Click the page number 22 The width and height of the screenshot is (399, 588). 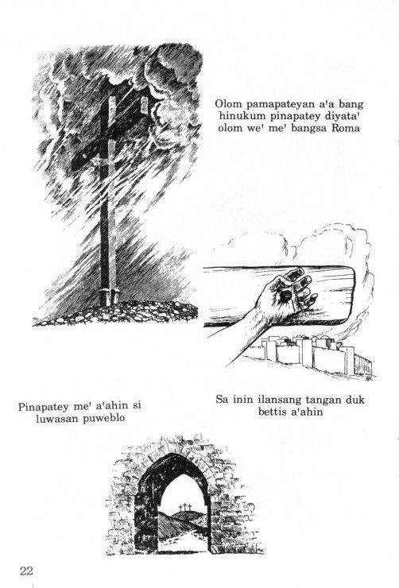pyautogui.click(x=26, y=571)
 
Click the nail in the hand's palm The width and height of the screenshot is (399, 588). pyautogui.click(x=285, y=296)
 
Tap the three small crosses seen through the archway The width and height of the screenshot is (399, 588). pyautogui.click(x=184, y=508)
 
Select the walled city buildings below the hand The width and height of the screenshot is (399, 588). pyautogui.click(x=312, y=355)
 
